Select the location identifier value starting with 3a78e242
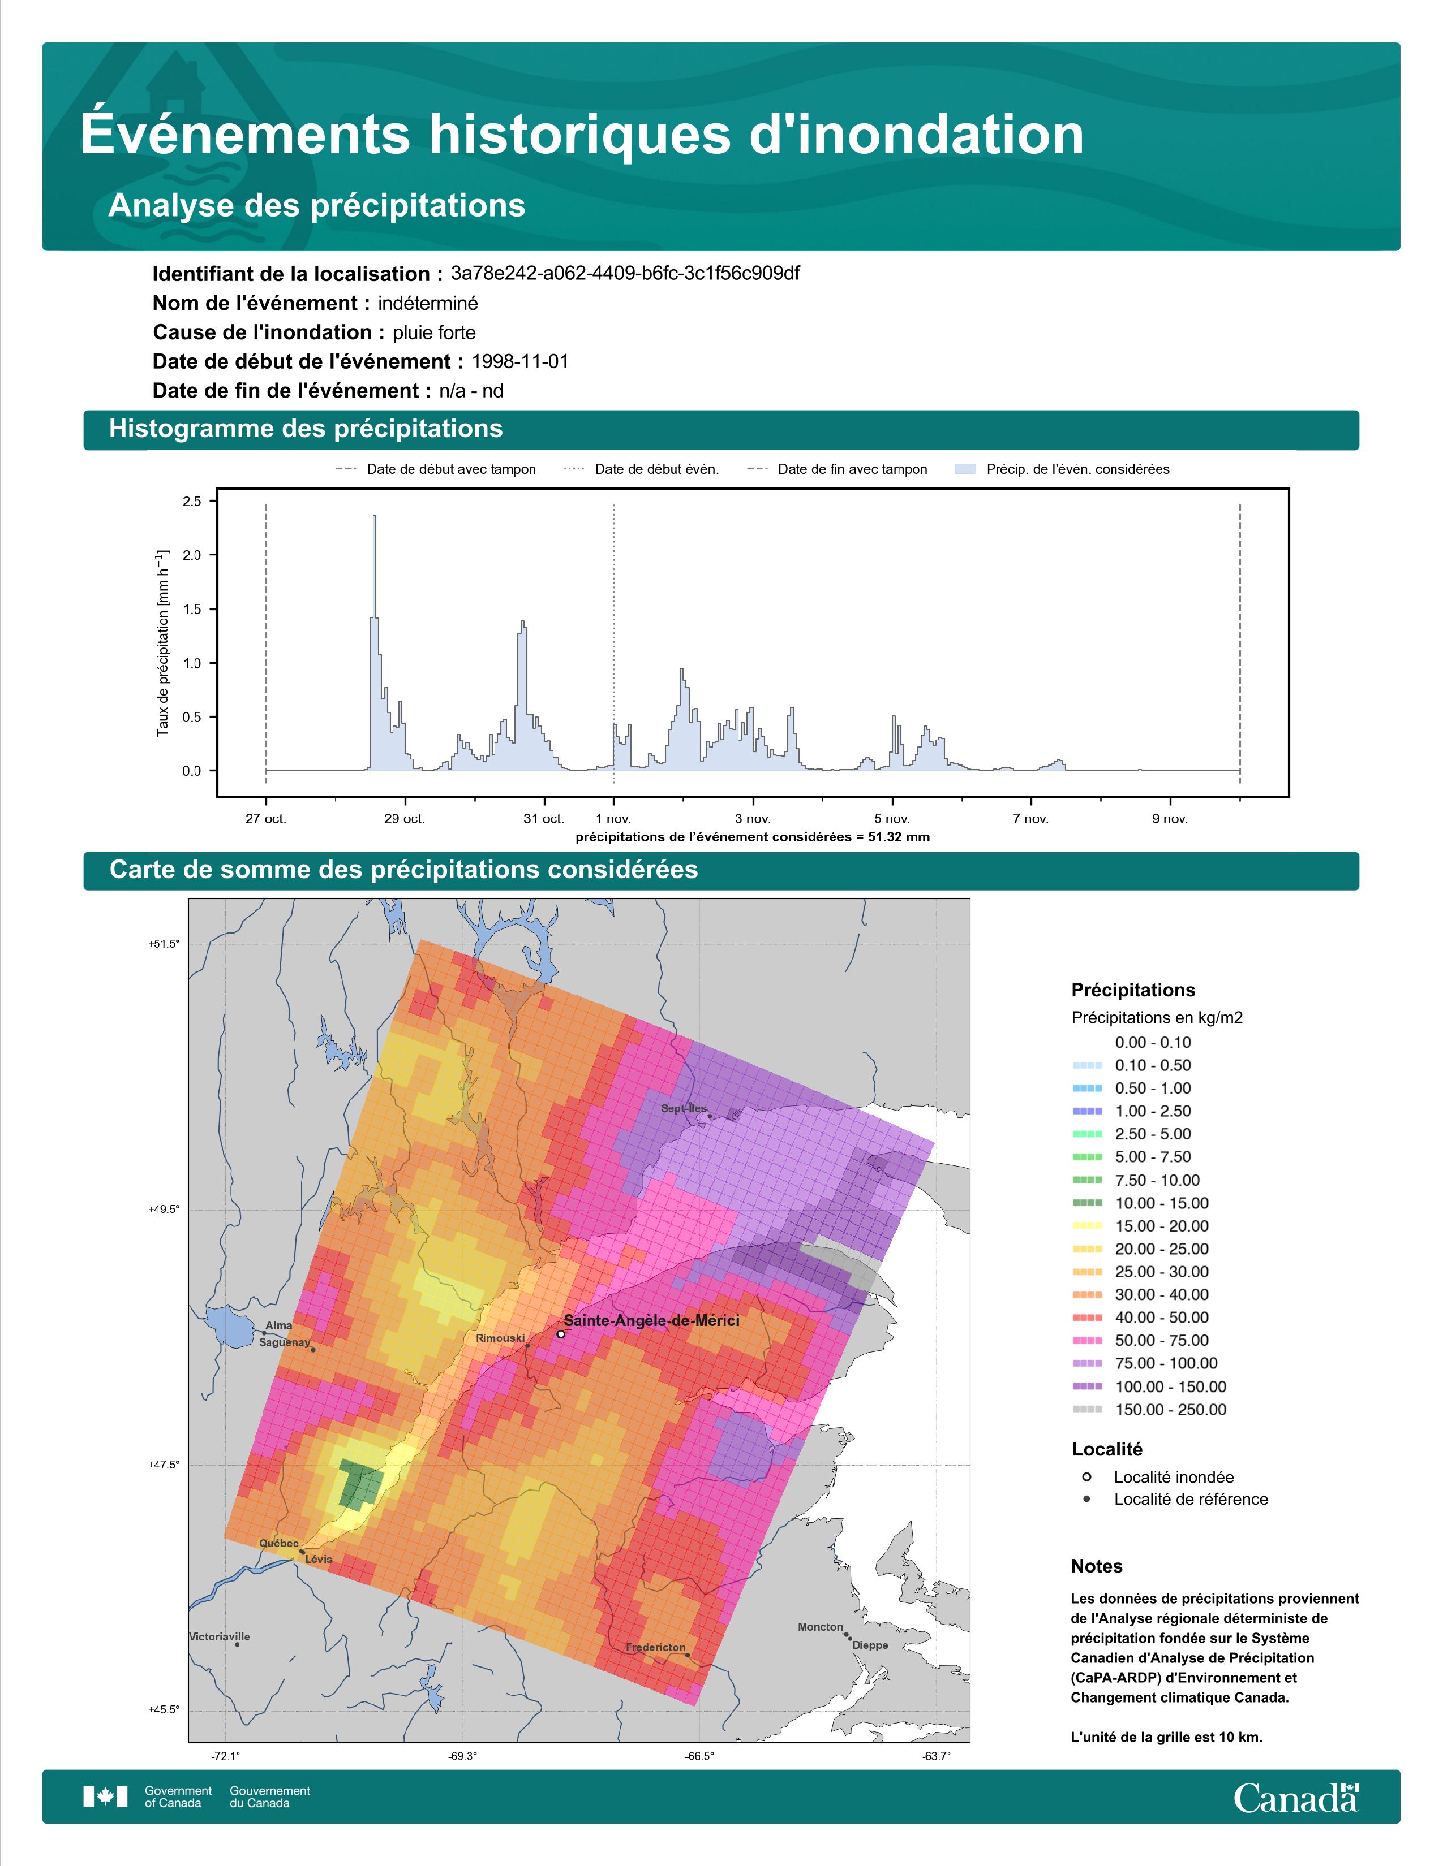click(625, 274)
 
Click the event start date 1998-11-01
click(519, 361)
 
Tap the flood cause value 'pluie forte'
click(434, 332)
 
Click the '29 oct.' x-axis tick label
click(405, 819)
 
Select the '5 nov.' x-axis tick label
click(892, 819)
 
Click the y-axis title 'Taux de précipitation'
click(162, 643)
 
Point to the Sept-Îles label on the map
click(684, 1109)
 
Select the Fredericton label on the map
click(656, 1647)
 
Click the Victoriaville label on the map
click(220, 1637)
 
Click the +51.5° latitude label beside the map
click(165, 944)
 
